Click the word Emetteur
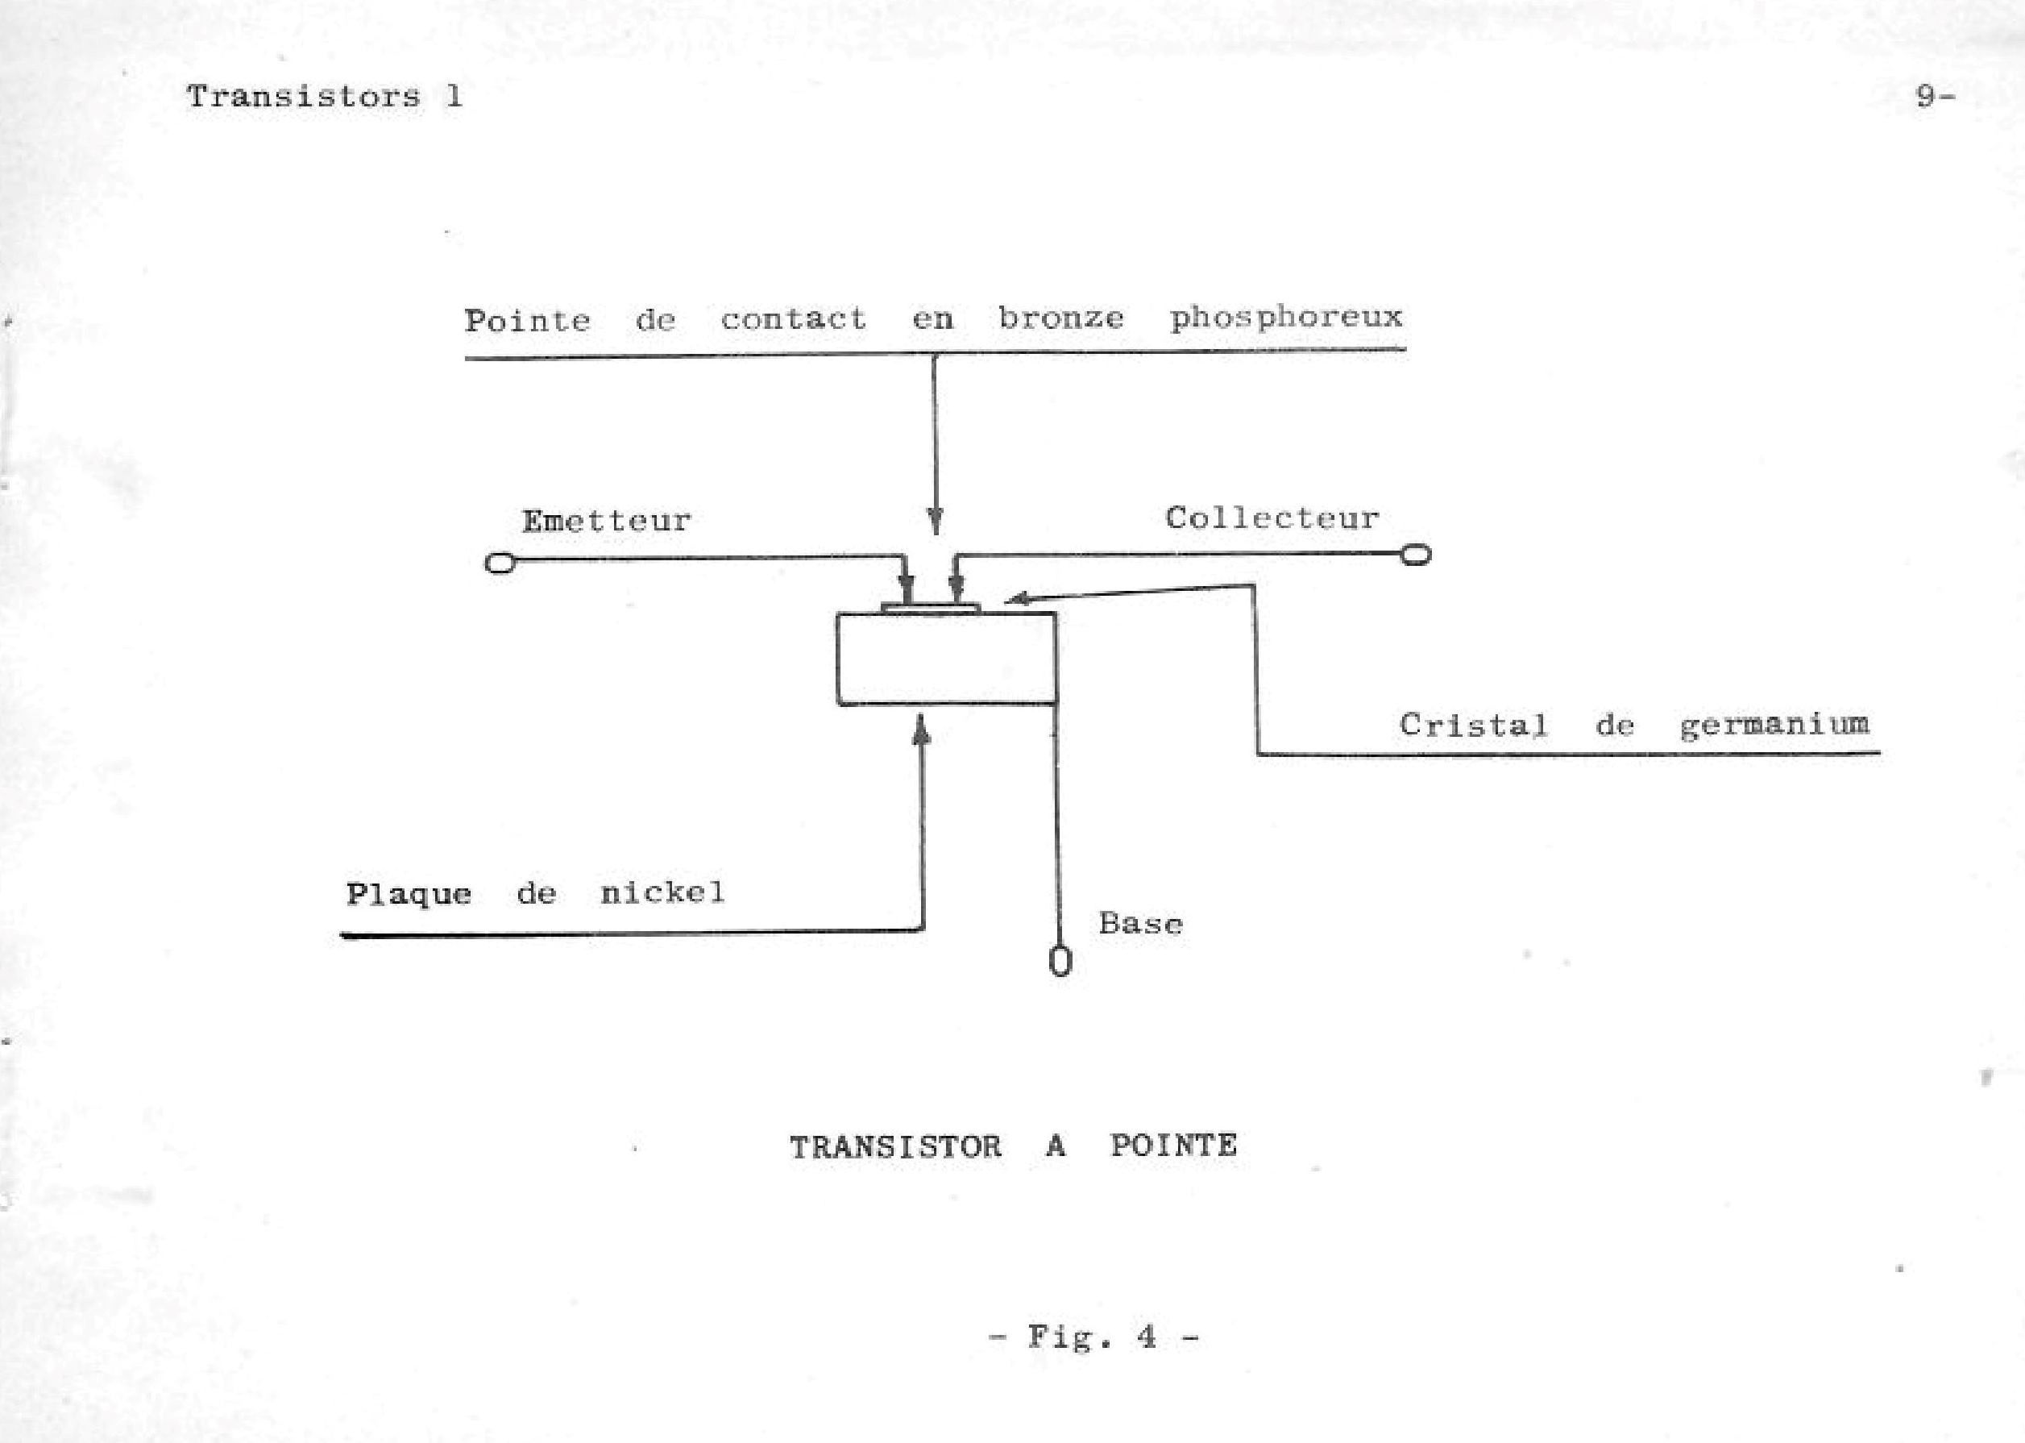click(606, 521)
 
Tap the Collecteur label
click(1272, 518)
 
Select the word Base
click(1140, 924)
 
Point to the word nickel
click(662, 892)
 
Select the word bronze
click(1060, 318)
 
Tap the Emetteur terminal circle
click(500, 563)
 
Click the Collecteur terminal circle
click(1415, 555)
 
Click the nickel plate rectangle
click(946, 659)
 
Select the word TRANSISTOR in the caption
click(895, 1147)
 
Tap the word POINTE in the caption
click(1173, 1146)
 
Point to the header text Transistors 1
click(324, 96)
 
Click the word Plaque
click(409, 894)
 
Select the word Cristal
click(1472, 725)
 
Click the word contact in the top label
click(793, 319)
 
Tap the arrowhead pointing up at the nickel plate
click(923, 729)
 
